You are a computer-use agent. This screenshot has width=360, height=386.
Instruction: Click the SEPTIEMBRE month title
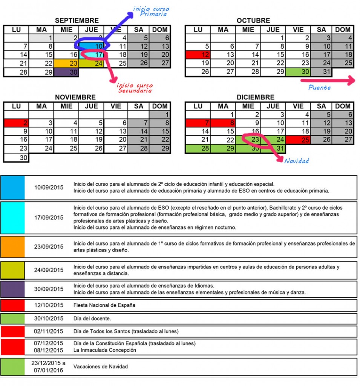77,20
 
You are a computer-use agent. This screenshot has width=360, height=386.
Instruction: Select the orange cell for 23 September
66,63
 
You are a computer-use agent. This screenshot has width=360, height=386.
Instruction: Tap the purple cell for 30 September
66,72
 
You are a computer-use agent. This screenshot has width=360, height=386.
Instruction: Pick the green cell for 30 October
298,72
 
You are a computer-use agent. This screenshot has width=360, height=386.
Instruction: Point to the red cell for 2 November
16,123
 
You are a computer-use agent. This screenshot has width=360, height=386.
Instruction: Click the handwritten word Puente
319,87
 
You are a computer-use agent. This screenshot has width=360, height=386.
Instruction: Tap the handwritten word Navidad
296,161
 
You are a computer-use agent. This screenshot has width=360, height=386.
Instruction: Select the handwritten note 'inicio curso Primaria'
152,11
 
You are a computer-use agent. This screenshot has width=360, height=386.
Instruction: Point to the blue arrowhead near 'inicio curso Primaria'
130,14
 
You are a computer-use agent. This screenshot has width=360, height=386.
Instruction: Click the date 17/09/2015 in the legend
49,218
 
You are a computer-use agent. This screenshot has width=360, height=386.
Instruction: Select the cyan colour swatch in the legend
12,218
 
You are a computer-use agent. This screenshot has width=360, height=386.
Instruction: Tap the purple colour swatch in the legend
12,289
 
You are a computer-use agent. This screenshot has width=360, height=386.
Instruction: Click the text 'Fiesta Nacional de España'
104,305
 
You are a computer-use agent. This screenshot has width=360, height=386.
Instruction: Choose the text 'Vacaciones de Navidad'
101,366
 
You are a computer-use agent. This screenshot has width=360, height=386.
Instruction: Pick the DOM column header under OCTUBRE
342,30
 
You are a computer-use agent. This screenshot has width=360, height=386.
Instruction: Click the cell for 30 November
16,158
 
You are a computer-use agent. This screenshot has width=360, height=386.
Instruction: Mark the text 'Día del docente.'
92,319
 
